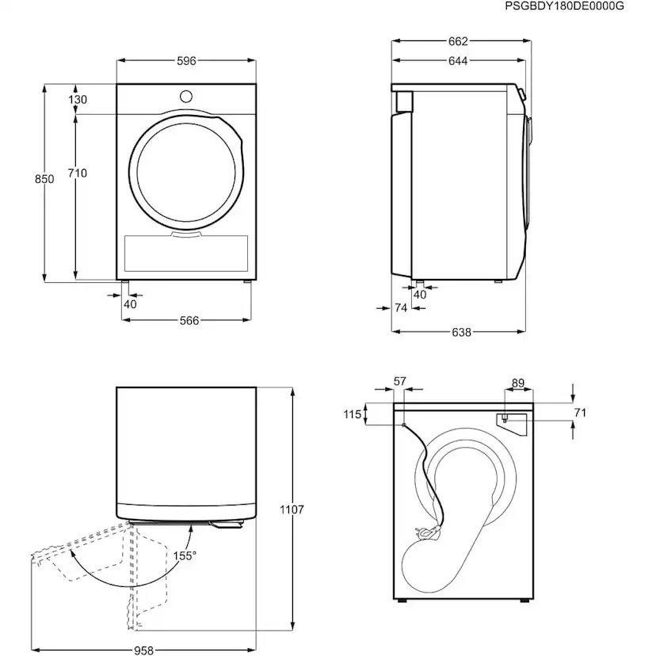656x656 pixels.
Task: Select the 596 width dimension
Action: [x=186, y=61]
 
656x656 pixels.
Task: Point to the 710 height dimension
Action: [x=78, y=174]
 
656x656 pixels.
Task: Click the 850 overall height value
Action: [x=44, y=180]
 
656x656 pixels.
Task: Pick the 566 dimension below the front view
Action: [x=189, y=321]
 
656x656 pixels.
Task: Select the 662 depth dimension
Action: [x=458, y=42]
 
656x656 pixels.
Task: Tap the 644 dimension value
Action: [x=458, y=61]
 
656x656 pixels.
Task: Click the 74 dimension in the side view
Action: [x=401, y=308]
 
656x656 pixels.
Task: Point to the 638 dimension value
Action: [x=461, y=333]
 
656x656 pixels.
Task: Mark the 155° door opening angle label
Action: [x=185, y=555]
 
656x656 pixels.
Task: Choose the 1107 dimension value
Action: [x=292, y=510]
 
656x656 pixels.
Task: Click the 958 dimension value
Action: [x=143, y=650]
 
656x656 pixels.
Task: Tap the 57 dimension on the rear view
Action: [x=399, y=382]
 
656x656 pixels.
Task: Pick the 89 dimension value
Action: [x=517, y=383]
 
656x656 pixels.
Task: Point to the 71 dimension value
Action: [x=580, y=413]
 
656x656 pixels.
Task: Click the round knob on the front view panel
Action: [x=185, y=96]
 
